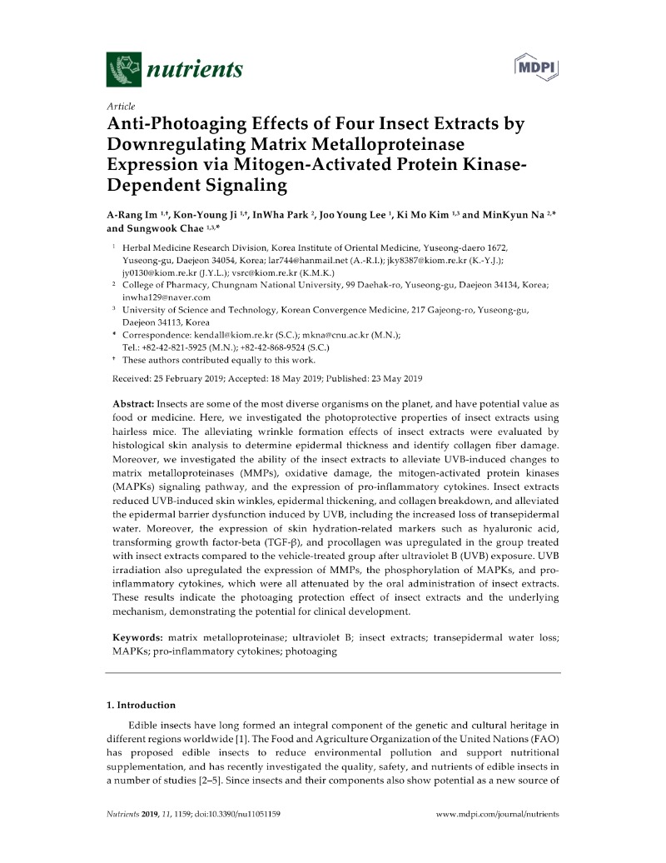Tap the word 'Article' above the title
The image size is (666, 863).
[x=122, y=108]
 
